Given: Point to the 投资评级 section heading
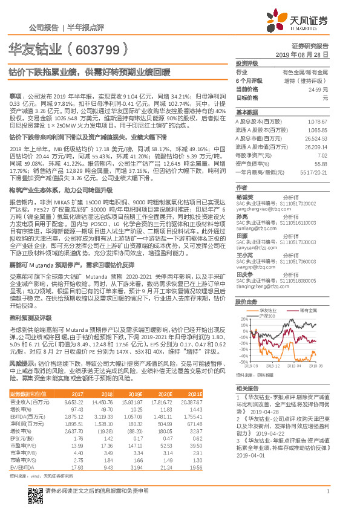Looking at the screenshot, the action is click(x=247, y=63).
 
